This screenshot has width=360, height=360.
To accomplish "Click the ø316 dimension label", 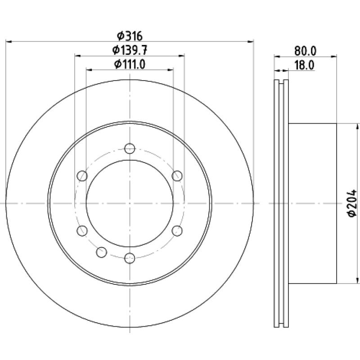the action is [130, 36].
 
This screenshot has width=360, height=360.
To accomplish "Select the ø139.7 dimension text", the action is [130, 50].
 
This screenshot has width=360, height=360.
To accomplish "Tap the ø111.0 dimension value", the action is [130, 64].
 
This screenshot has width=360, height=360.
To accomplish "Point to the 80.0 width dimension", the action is [306, 51].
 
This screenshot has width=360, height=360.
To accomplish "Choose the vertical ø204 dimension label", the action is [352, 203].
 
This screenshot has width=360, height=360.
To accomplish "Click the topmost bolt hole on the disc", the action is [130, 148].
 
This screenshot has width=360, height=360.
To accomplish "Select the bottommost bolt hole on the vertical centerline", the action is [130, 258].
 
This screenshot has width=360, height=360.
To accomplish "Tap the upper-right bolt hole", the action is [177, 176].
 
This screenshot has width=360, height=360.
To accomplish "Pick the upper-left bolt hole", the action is [82, 176].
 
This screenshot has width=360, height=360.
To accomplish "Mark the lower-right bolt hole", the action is [177, 231].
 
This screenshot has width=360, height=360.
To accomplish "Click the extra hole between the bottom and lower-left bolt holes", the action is [102, 252].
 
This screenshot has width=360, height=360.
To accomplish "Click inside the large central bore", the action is [130, 203].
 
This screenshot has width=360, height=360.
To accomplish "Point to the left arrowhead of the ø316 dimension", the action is [9, 41].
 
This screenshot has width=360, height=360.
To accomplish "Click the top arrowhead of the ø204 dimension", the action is [357, 127].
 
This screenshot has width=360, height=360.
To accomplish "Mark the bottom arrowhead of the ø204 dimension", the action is [357, 280].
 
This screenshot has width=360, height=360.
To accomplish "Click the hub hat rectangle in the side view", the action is [312, 203].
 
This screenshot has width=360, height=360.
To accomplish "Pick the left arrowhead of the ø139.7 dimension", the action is [78, 55].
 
